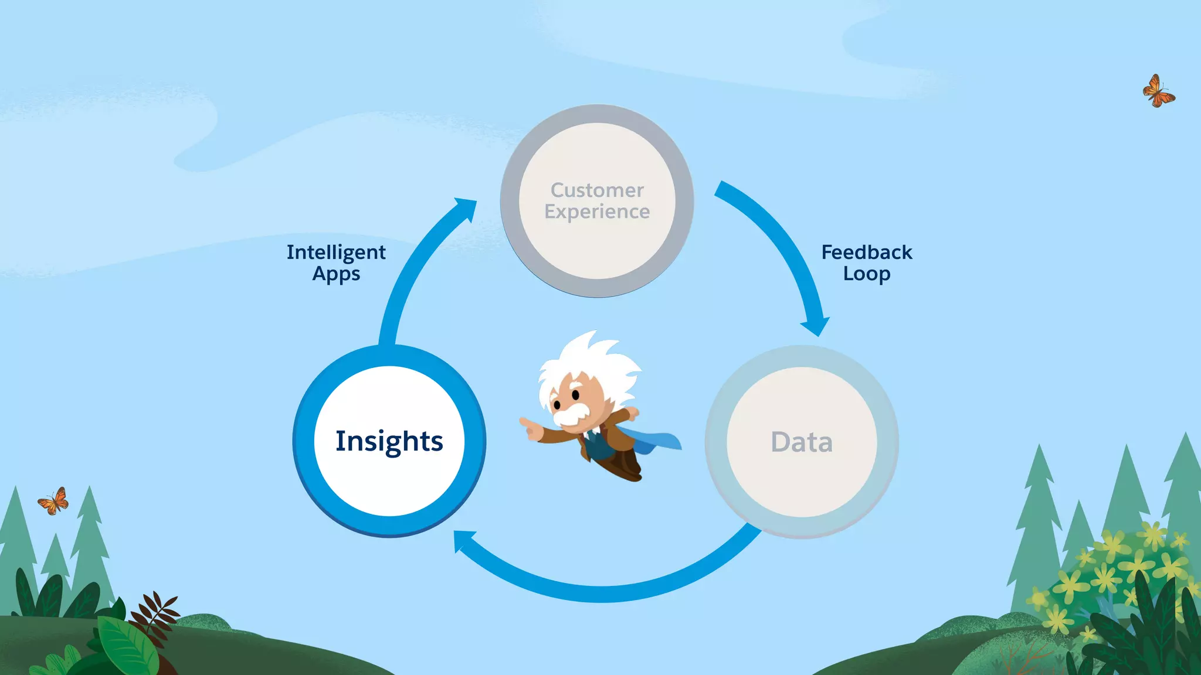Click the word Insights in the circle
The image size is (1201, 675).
click(x=389, y=441)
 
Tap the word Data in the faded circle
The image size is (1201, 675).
click(x=802, y=442)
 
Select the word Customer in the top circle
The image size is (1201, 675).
click(x=597, y=190)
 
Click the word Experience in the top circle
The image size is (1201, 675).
click(x=597, y=212)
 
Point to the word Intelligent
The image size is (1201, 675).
click(x=336, y=253)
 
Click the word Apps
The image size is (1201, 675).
click(x=336, y=274)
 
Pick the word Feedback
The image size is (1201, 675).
click(x=866, y=253)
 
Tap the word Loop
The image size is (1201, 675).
click(x=866, y=274)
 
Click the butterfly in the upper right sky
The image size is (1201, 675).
click(x=1158, y=91)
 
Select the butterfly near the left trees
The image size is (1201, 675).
click(x=53, y=502)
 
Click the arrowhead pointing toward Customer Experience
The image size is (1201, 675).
click(x=466, y=208)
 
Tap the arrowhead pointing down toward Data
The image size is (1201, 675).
click(x=816, y=325)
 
